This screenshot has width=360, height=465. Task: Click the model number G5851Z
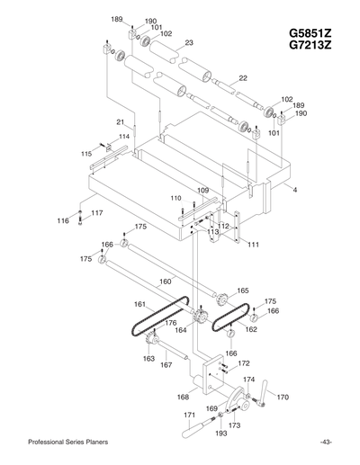tap(312, 33)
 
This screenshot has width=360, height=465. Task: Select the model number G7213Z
tap(312, 47)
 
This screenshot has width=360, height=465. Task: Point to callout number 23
tap(189, 42)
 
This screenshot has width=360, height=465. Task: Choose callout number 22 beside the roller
tap(242, 78)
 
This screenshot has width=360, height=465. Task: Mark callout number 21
tap(120, 121)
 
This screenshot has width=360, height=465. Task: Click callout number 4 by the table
tap(294, 190)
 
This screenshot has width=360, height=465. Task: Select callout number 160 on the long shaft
tap(165, 282)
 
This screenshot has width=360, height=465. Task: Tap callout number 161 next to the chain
tap(139, 304)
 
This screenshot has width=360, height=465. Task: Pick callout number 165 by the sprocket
tap(242, 291)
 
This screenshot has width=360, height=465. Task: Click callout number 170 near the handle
tap(282, 396)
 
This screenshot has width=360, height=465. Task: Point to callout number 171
tap(190, 415)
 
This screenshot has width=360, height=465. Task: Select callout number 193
tap(221, 433)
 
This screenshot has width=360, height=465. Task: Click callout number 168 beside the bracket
tap(184, 396)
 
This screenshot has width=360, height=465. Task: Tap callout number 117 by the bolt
tap(97, 212)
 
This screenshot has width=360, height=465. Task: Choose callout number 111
tap(254, 244)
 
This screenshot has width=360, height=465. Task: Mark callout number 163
tap(148, 358)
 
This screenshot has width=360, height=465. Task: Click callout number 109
tap(203, 191)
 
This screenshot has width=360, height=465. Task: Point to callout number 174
tap(249, 380)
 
